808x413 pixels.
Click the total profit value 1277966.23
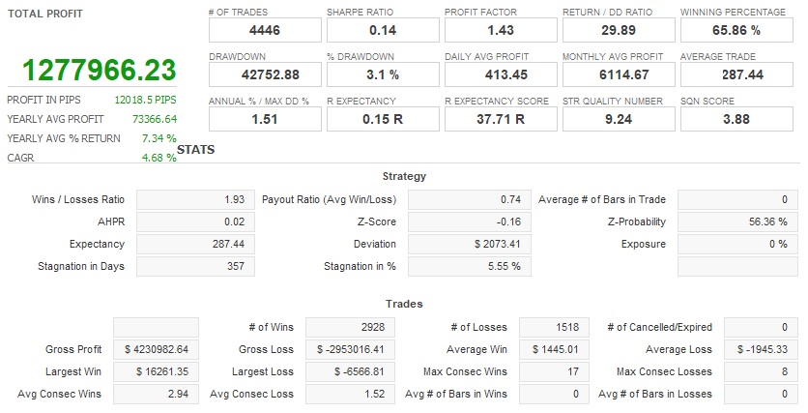(x=100, y=71)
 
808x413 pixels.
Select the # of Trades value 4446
(x=265, y=31)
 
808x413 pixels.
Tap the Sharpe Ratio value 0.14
(x=383, y=31)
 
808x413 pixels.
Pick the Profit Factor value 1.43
(x=501, y=31)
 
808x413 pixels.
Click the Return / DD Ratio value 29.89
(x=619, y=31)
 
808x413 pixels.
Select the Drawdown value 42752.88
(x=265, y=74)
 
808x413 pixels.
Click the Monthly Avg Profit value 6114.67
(x=619, y=74)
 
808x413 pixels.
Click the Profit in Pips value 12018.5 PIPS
(x=145, y=100)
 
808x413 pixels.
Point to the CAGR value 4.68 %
(x=159, y=158)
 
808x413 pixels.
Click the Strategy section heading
(x=404, y=177)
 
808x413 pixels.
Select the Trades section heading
(x=404, y=304)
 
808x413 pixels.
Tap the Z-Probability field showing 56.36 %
(x=738, y=221)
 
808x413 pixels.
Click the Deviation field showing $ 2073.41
(x=470, y=244)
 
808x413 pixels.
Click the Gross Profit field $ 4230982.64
(x=157, y=349)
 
